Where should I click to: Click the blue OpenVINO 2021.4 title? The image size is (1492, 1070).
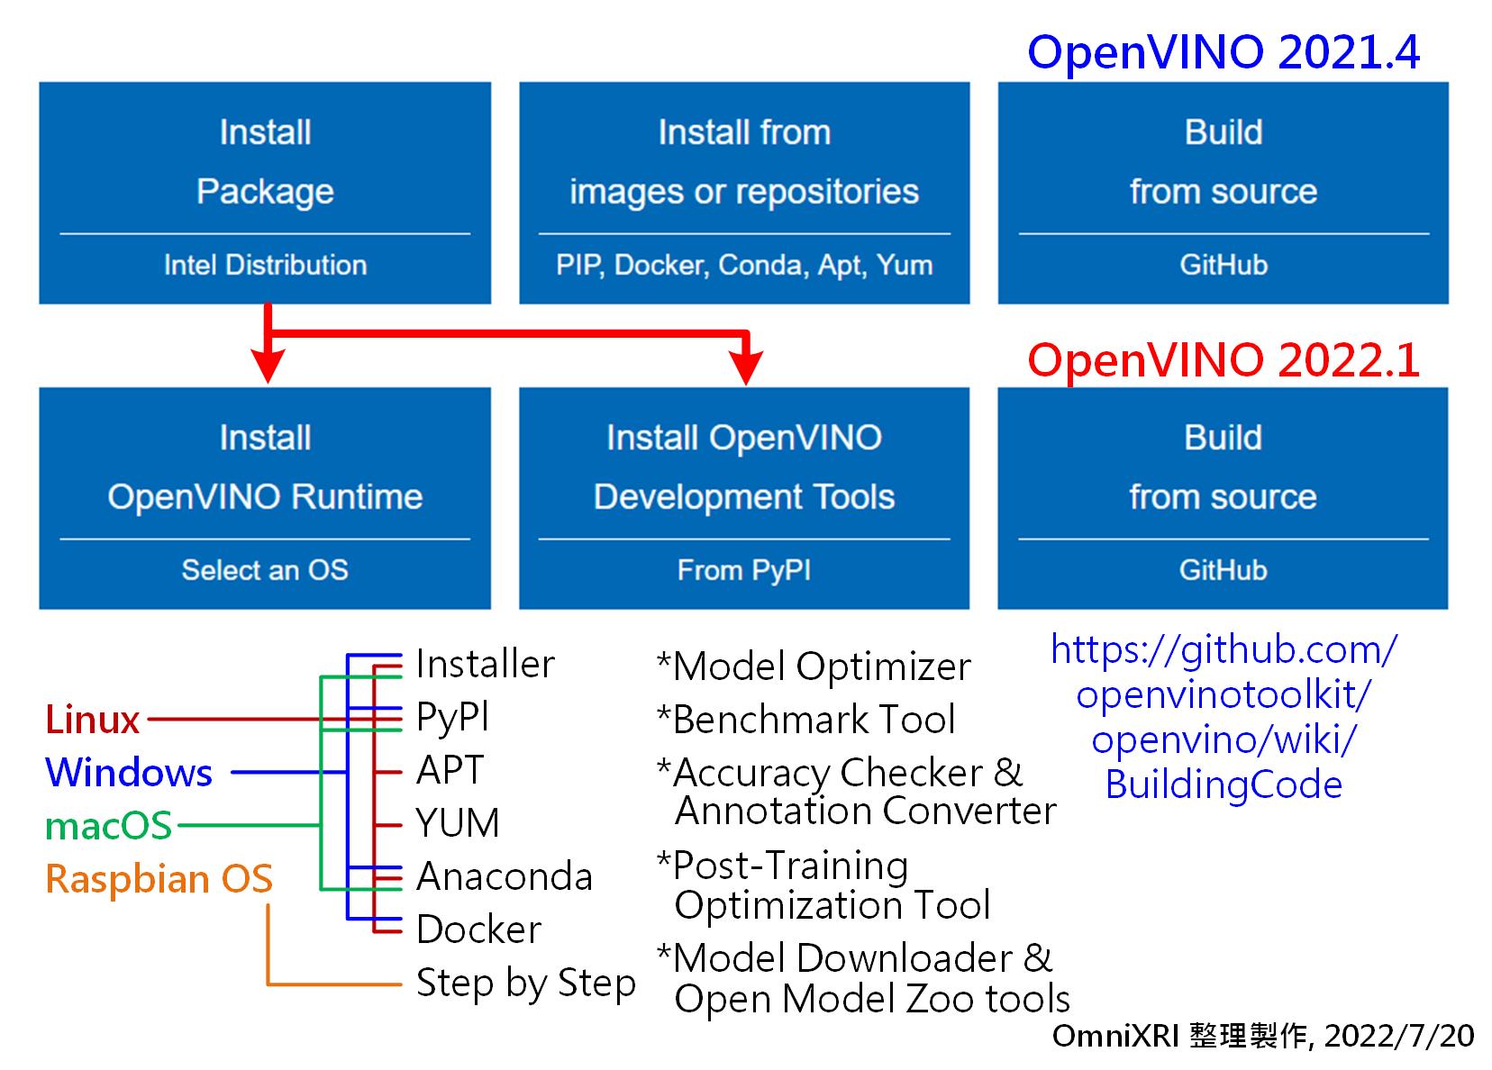1224,52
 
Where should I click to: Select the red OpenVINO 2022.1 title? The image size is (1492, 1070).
1224,359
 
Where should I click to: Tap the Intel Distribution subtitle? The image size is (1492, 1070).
265,265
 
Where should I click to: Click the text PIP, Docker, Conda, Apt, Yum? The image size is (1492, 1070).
745,266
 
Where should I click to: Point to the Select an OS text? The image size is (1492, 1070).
265,570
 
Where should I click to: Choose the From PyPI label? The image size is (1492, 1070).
744,571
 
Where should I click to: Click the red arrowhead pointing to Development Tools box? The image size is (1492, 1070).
746,367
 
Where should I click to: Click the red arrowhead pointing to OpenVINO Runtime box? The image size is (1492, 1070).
268,367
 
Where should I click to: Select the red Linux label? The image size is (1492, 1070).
93,720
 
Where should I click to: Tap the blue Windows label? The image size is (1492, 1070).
129,773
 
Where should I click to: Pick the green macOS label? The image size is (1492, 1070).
109,826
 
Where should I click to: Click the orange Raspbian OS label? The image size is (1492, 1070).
159,878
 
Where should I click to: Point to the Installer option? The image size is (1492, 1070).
486,664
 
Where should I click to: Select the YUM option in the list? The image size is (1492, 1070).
458,823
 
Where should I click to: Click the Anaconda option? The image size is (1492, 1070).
505,876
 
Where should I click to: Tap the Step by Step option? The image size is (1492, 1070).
526,984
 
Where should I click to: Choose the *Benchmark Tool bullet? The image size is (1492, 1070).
806,719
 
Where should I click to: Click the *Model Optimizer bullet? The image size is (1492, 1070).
814,666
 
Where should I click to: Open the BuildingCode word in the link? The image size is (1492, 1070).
1224,784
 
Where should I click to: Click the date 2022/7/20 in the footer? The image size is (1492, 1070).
1399,1036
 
